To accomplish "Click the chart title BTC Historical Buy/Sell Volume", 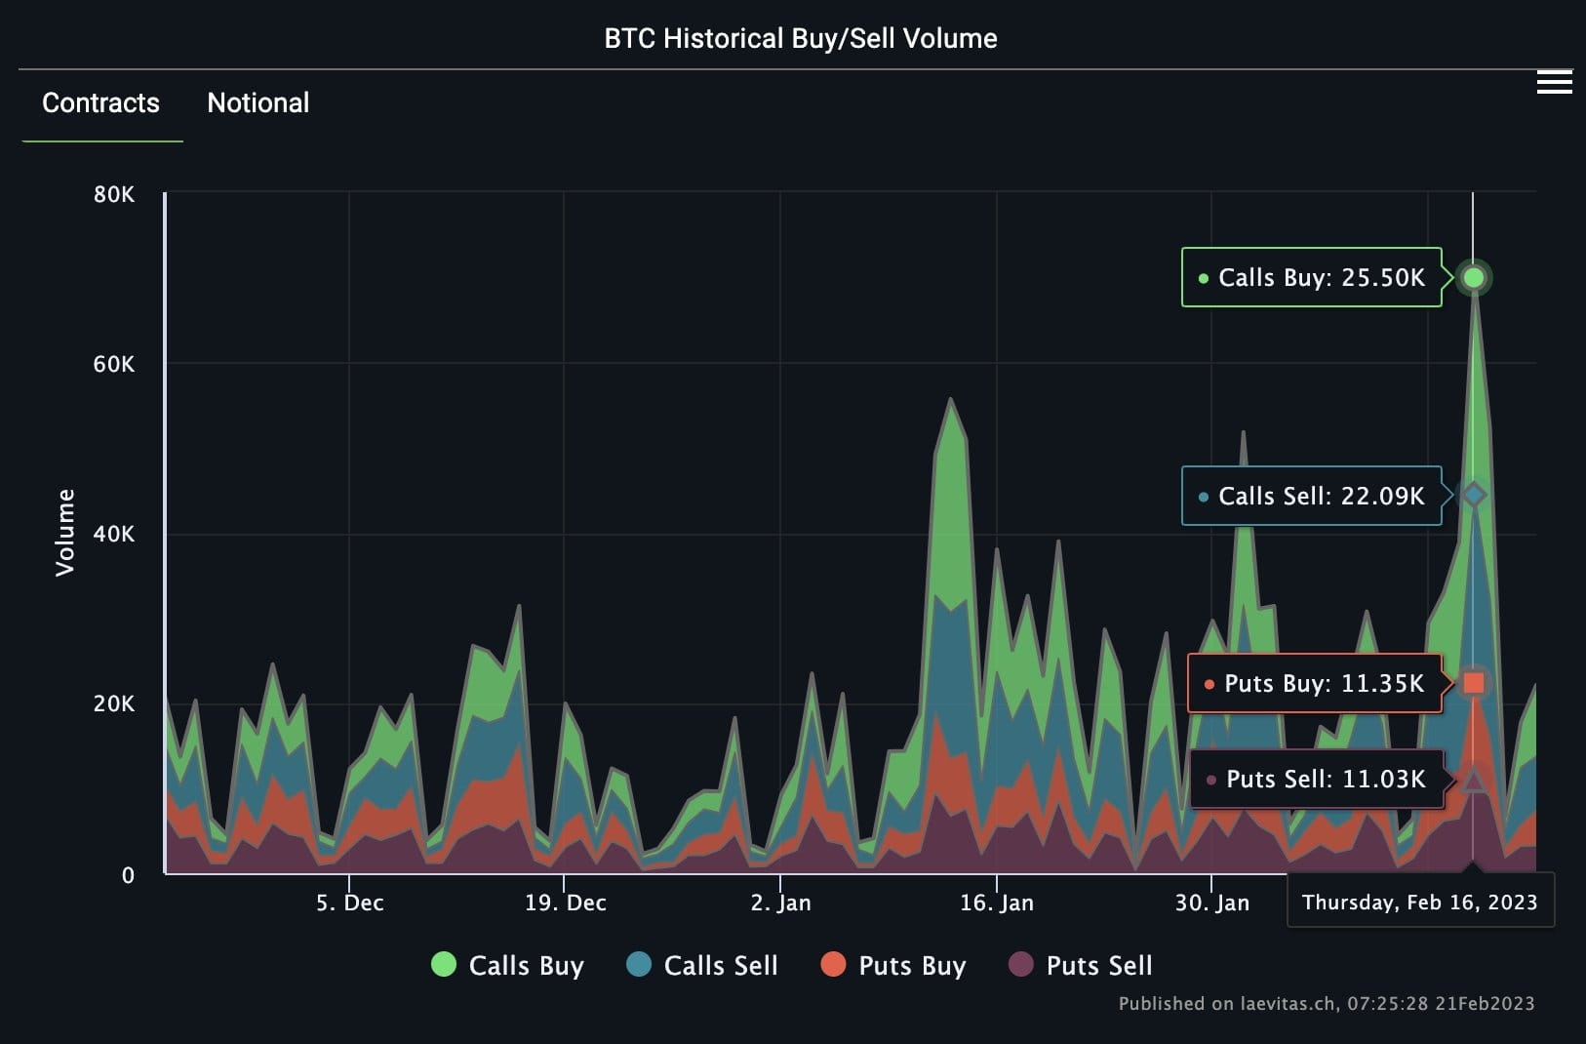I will pyautogui.click(x=800, y=39).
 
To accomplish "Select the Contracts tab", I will pyautogui.click(x=100, y=103).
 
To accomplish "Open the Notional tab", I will pyautogui.click(x=258, y=103).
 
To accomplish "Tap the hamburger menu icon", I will pyautogui.click(x=1554, y=83).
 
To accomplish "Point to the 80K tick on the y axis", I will pyautogui.click(x=114, y=194).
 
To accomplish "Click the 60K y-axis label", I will pyautogui.click(x=114, y=364).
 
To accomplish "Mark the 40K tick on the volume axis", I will pyautogui.click(x=114, y=534).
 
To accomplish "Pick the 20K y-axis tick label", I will pyautogui.click(x=114, y=703).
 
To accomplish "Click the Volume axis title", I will pyautogui.click(x=65, y=533).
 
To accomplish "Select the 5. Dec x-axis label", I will pyautogui.click(x=349, y=903).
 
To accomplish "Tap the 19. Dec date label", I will pyautogui.click(x=565, y=903).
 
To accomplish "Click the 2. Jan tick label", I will pyautogui.click(x=780, y=903).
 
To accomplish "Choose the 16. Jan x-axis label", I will pyautogui.click(x=996, y=903).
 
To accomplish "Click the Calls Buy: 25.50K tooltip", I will pyautogui.click(x=1311, y=278).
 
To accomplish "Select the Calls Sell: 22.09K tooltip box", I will pyautogui.click(x=1311, y=497).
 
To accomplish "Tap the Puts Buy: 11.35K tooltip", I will pyautogui.click(x=1314, y=683).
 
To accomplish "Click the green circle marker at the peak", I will pyautogui.click(x=1474, y=278).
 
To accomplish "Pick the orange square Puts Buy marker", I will pyautogui.click(x=1474, y=683).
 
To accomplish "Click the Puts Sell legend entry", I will pyautogui.click(x=1081, y=966).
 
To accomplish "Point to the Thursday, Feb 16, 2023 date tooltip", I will pyautogui.click(x=1419, y=902).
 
